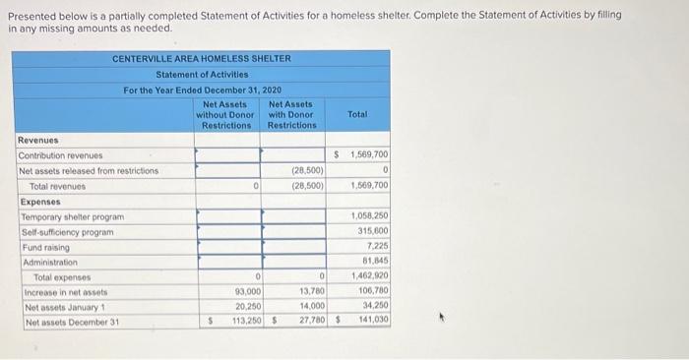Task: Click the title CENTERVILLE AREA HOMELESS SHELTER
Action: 201,59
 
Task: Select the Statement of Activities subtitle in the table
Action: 201,75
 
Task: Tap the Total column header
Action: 357,114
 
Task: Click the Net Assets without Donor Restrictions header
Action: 227,114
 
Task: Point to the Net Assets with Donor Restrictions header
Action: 292,114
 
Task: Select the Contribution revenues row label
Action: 60,155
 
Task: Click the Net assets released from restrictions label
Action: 89,170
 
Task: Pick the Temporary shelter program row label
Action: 72,216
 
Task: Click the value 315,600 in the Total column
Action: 371,232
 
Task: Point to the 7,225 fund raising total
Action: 376,247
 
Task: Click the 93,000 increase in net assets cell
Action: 247,292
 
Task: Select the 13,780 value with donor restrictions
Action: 311,292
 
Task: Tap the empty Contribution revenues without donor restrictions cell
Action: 227,155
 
